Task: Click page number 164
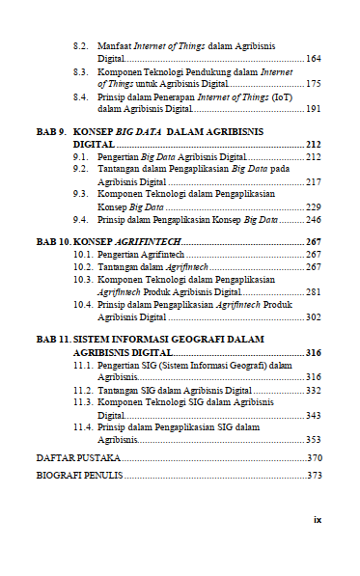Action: (x=313, y=59)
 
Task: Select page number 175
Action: (x=313, y=84)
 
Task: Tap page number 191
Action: (x=313, y=109)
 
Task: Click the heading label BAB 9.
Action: (x=50, y=130)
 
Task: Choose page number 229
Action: (x=313, y=206)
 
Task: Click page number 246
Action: (x=313, y=220)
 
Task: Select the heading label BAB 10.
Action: (x=53, y=241)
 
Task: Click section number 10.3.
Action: (x=84, y=279)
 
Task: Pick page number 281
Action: (x=313, y=291)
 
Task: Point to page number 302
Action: (x=313, y=316)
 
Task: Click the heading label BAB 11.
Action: (x=53, y=340)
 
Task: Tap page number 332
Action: (x=313, y=390)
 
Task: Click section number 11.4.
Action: (x=84, y=426)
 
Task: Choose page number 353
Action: (x=313, y=439)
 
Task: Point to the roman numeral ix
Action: (x=317, y=518)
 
